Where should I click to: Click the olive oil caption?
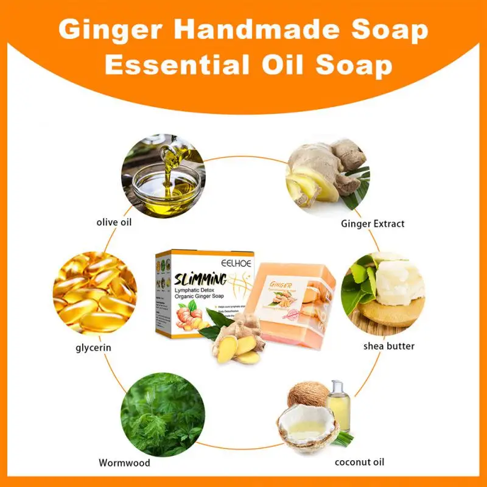click(x=114, y=223)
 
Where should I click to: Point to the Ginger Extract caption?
click(x=371, y=223)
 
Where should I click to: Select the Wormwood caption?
click(x=124, y=462)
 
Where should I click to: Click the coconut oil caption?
click(x=359, y=462)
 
